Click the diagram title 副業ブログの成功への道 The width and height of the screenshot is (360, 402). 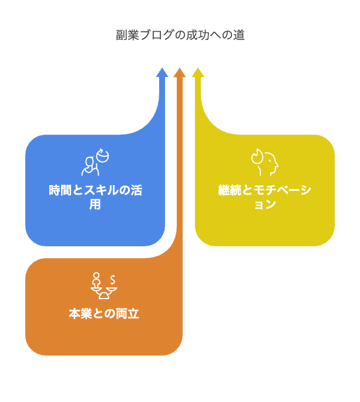point(180,35)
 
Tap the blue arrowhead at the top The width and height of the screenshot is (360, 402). point(162,73)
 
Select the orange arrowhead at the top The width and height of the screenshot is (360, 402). point(180,73)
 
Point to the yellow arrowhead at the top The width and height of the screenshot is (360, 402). point(198,73)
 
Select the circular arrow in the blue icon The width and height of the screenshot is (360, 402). point(103,155)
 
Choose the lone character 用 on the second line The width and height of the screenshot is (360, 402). point(95,205)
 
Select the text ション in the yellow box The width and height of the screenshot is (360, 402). point(264,205)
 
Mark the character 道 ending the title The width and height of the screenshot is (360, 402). point(238,35)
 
